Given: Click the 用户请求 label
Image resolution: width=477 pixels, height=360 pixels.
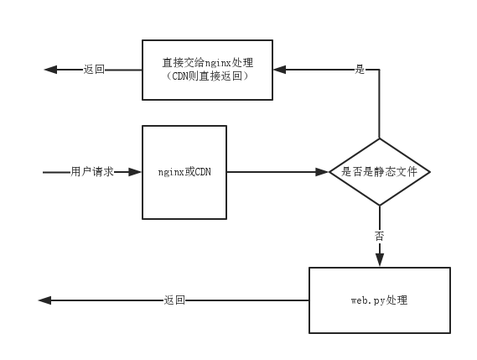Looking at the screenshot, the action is tap(92, 172).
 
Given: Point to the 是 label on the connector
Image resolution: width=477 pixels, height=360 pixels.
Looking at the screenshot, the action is tap(360, 70).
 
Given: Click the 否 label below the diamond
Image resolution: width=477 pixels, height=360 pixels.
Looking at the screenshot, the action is tap(380, 236).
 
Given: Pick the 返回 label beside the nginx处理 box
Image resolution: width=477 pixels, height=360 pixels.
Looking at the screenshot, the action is tap(94, 70).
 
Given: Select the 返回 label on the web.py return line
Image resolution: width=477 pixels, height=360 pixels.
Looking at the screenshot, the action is tap(174, 300).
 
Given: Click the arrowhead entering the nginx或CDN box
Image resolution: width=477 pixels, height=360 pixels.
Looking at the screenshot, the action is tap(135, 172).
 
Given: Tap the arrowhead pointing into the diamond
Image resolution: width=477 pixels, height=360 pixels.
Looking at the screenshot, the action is tap(322, 172).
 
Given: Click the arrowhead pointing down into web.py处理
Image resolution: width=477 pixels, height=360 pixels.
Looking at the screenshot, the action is tap(380, 260).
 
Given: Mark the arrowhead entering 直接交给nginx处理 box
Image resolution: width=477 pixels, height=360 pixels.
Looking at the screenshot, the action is tap(279, 70).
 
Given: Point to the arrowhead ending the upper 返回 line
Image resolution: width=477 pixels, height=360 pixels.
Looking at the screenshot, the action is tap(50, 70).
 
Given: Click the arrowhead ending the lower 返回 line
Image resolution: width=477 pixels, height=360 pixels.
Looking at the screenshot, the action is tap(44, 300).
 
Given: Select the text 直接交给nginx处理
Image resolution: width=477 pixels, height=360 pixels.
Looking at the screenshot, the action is tap(207, 63).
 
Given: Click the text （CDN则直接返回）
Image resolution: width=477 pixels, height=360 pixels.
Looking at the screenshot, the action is tap(207, 76).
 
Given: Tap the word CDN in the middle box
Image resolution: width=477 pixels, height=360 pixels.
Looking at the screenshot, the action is tap(203, 172).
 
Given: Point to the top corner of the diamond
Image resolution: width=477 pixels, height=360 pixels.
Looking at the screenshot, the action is tap(380, 138).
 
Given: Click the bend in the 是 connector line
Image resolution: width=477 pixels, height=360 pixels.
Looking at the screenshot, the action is tap(380, 70).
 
